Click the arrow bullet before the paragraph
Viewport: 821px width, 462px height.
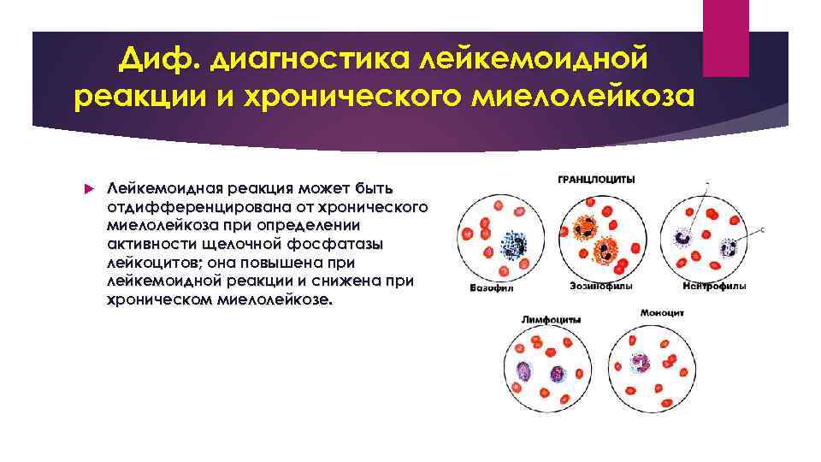(88, 187)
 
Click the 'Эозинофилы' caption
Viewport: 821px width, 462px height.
(595, 286)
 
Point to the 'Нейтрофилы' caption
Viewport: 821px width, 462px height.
(718, 286)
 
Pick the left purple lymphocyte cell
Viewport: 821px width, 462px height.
(523, 371)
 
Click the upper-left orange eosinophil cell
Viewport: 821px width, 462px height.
(587, 229)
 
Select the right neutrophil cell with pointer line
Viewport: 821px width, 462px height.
(729, 248)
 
